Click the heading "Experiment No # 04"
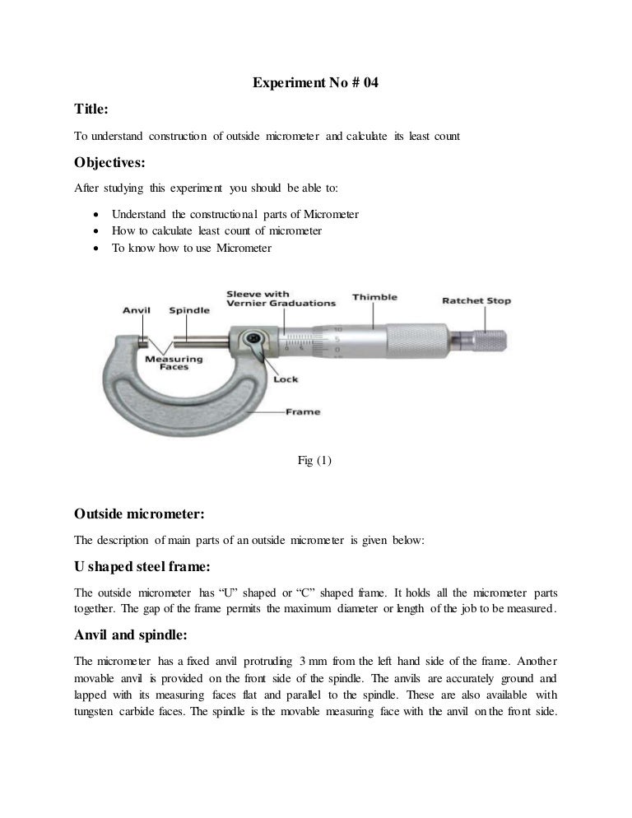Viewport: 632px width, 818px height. click(x=314, y=82)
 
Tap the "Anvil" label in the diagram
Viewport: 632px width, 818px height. click(x=136, y=310)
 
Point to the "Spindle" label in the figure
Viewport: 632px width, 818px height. click(x=189, y=310)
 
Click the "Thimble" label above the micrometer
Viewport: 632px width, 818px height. click(x=374, y=297)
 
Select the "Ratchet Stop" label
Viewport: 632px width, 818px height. click(x=476, y=300)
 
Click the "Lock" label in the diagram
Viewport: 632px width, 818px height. click(x=286, y=379)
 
